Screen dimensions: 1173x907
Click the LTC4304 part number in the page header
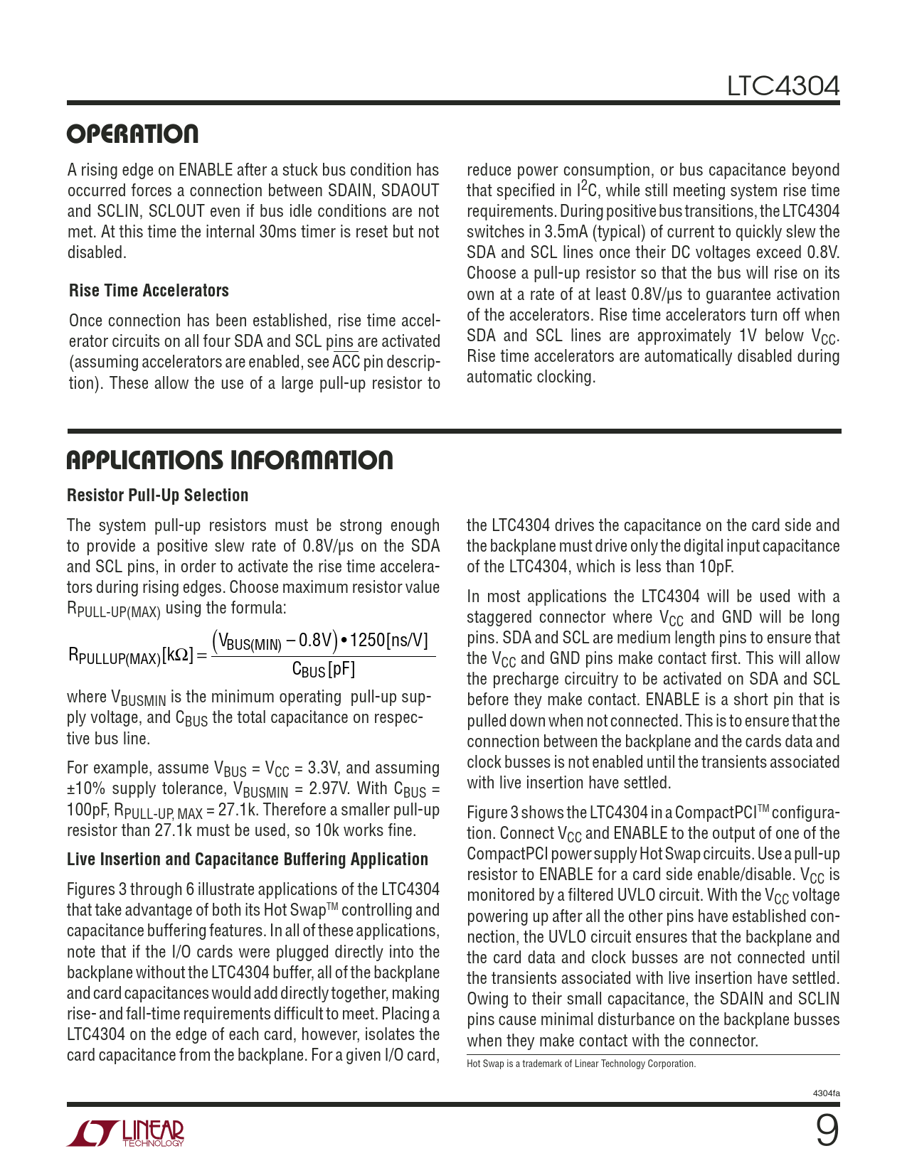(783, 86)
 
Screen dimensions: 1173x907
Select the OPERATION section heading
(133, 134)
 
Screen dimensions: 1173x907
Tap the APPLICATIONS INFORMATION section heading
(230, 460)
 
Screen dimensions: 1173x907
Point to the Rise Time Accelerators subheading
(149, 291)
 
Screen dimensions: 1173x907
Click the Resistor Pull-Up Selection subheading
(157, 496)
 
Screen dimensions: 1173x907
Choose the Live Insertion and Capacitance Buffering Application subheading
(248, 859)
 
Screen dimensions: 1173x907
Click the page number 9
(827, 1130)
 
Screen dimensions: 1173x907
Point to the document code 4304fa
(826, 1093)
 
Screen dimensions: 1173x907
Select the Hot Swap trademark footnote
(580, 1064)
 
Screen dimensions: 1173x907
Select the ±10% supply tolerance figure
(87, 789)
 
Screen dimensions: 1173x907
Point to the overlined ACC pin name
(346, 362)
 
